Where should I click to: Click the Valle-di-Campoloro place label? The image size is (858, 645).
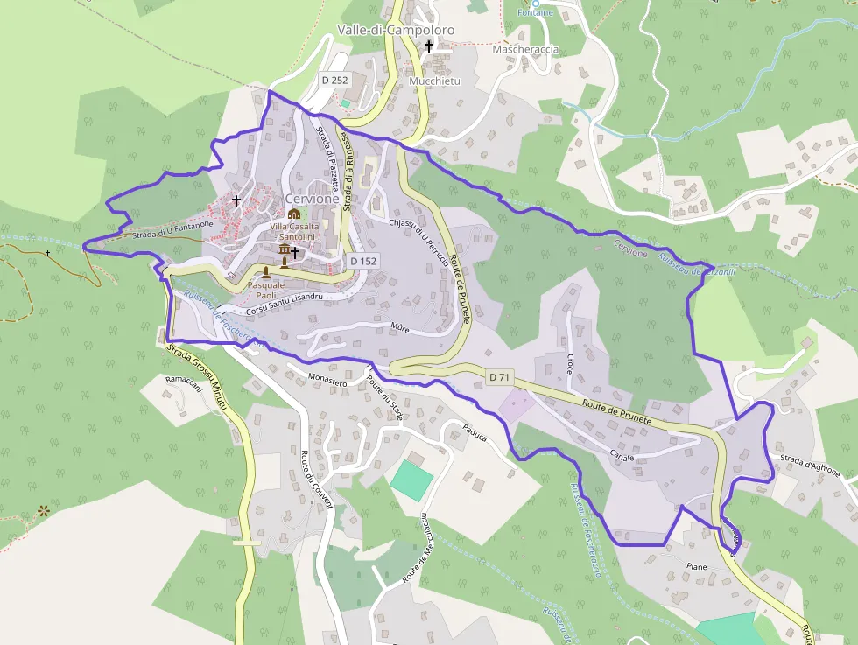tap(396, 30)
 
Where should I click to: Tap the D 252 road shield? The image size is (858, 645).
tap(334, 80)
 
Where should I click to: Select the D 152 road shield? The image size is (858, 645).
tap(362, 260)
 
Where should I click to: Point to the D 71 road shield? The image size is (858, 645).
tap(499, 377)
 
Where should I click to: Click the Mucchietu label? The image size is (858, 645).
tap(434, 81)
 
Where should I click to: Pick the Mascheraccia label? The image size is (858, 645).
tap(525, 49)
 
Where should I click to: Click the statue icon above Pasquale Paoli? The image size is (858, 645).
tap(266, 271)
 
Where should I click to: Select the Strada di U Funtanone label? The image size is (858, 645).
tap(172, 230)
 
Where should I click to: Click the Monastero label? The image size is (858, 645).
tap(328, 379)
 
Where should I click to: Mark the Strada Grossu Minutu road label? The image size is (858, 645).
tap(204, 380)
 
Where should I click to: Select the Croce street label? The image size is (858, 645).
tap(569, 363)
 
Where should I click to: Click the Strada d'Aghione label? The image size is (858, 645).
tap(810, 466)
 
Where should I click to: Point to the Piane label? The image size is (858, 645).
tap(696, 567)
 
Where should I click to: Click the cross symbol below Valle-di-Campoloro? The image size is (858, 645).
tap(429, 46)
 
